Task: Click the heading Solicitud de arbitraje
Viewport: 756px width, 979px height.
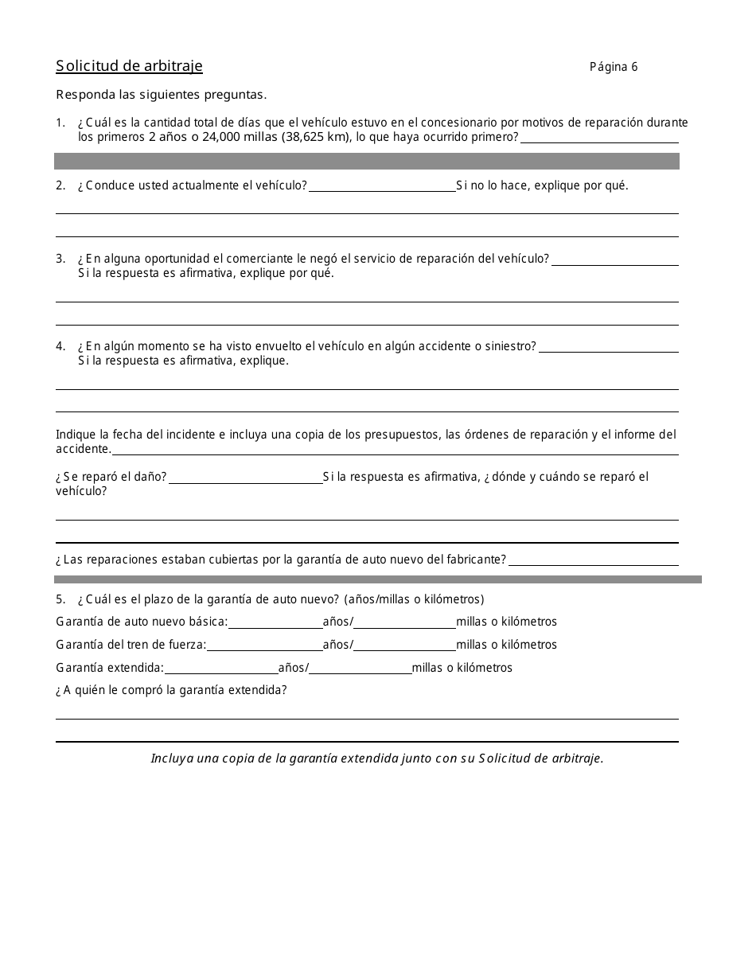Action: (129, 66)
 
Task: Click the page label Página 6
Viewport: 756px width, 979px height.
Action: (613, 67)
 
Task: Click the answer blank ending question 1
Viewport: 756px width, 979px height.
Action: (599, 138)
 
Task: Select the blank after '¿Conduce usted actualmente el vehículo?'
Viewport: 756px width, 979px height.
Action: (382, 186)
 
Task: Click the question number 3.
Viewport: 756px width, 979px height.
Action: (60, 259)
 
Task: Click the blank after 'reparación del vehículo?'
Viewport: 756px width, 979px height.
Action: (614, 259)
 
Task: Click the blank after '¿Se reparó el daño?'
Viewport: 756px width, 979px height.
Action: (245, 478)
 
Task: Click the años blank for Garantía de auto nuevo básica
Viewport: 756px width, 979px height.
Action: (275, 622)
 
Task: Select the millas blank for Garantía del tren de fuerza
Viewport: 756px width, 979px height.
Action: (404, 646)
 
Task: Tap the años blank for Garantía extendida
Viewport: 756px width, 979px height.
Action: (221, 669)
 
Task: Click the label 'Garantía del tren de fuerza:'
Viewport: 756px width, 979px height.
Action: (131, 645)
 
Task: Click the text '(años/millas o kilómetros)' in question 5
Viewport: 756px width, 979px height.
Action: (414, 599)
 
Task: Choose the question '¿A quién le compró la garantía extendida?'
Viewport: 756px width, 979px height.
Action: (171, 690)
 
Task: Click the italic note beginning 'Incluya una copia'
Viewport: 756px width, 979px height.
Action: (377, 759)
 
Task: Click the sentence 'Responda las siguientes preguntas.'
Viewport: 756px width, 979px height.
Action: (161, 95)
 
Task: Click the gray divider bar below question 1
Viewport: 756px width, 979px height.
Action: (366, 161)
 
